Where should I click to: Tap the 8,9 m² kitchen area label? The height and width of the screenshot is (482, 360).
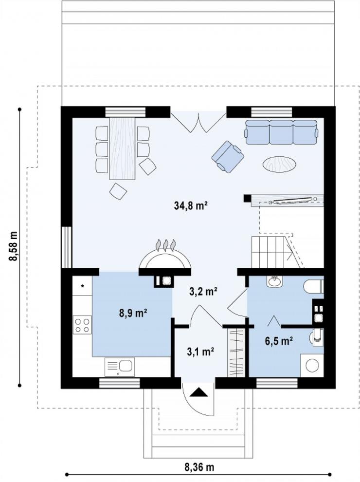(133, 313)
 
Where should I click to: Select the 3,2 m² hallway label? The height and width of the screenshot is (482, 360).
(204, 291)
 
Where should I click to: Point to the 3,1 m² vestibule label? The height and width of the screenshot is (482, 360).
(200, 352)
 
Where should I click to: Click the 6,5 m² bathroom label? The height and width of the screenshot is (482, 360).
(279, 341)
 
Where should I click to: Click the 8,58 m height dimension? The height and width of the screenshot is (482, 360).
(14, 246)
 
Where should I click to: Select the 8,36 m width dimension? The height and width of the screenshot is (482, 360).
(199, 467)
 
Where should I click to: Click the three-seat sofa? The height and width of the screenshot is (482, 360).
(281, 132)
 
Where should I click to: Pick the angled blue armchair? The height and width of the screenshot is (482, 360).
(228, 157)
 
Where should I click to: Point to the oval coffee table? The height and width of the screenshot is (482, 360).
(279, 165)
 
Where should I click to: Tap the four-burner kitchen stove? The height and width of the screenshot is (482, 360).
(82, 325)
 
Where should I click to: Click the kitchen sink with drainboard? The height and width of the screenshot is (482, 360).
(120, 367)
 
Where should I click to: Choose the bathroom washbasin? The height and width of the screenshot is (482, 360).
(274, 281)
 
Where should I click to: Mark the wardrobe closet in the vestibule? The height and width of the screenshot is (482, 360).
(235, 352)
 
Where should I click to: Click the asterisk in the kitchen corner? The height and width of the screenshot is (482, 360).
(82, 286)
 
